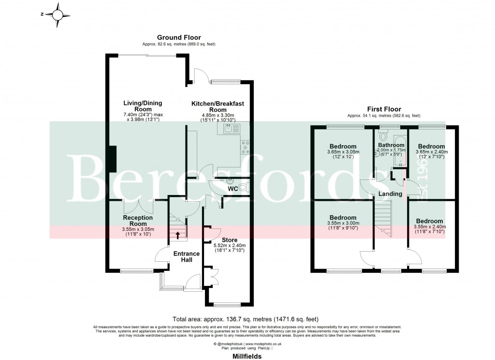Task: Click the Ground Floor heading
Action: point(179,37)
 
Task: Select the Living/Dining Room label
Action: point(143,106)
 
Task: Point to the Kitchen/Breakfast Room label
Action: point(218,106)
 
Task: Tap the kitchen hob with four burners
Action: point(245,146)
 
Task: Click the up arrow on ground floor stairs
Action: point(177,236)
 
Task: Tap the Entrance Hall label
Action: point(186,256)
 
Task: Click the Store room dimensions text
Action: point(229,248)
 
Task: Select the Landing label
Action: point(390,194)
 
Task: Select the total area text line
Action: point(246,319)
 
